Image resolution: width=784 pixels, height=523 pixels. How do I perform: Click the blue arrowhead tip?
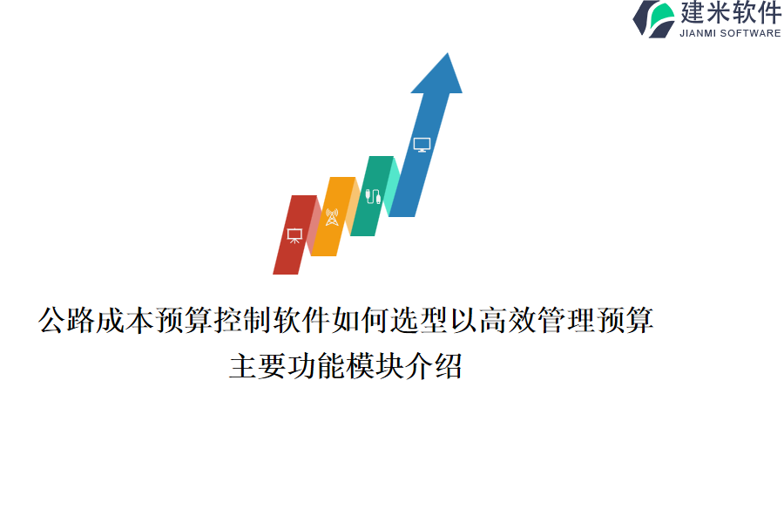point(448,53)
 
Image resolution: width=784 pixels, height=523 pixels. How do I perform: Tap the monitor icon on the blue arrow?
point(422,145)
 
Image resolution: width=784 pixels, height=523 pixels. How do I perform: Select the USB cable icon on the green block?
point(373,196)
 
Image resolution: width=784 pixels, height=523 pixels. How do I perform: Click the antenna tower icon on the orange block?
point(332,217)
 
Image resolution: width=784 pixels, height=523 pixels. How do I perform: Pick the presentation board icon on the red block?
point(294,235)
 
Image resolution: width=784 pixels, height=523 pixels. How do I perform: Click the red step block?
point(294,234)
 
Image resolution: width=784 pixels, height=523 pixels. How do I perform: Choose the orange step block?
point(333,216)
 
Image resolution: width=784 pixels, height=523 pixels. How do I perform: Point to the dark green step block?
point(372,195)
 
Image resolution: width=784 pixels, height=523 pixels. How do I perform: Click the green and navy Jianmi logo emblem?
point(653,19)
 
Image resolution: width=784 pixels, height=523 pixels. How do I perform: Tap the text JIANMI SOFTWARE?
point(730,33)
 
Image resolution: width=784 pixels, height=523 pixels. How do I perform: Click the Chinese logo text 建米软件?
point(731,12)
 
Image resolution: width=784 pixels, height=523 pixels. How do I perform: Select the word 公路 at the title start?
point(66,320)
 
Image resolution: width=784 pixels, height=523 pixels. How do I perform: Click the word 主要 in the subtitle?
point(258,366)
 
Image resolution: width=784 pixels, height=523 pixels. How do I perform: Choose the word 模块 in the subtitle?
point(375,366)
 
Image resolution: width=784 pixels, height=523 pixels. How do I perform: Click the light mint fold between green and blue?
point(394,187)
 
